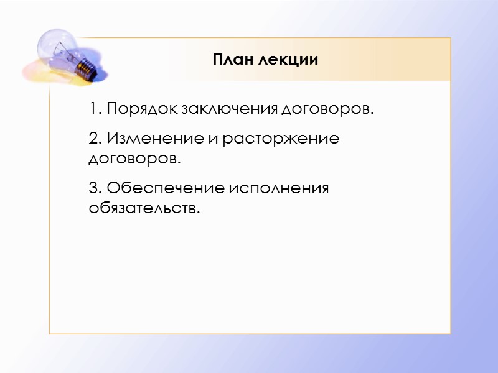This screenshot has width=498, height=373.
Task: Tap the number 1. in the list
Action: pyautogui.click(x=95, y=109)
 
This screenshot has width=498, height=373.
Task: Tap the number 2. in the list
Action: pyautogui.click(x=95, y=139)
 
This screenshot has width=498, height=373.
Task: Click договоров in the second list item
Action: pyautogui.click(x=134, y=159)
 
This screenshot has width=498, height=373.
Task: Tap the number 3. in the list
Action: pyautogui.click(x=95, y=187)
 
